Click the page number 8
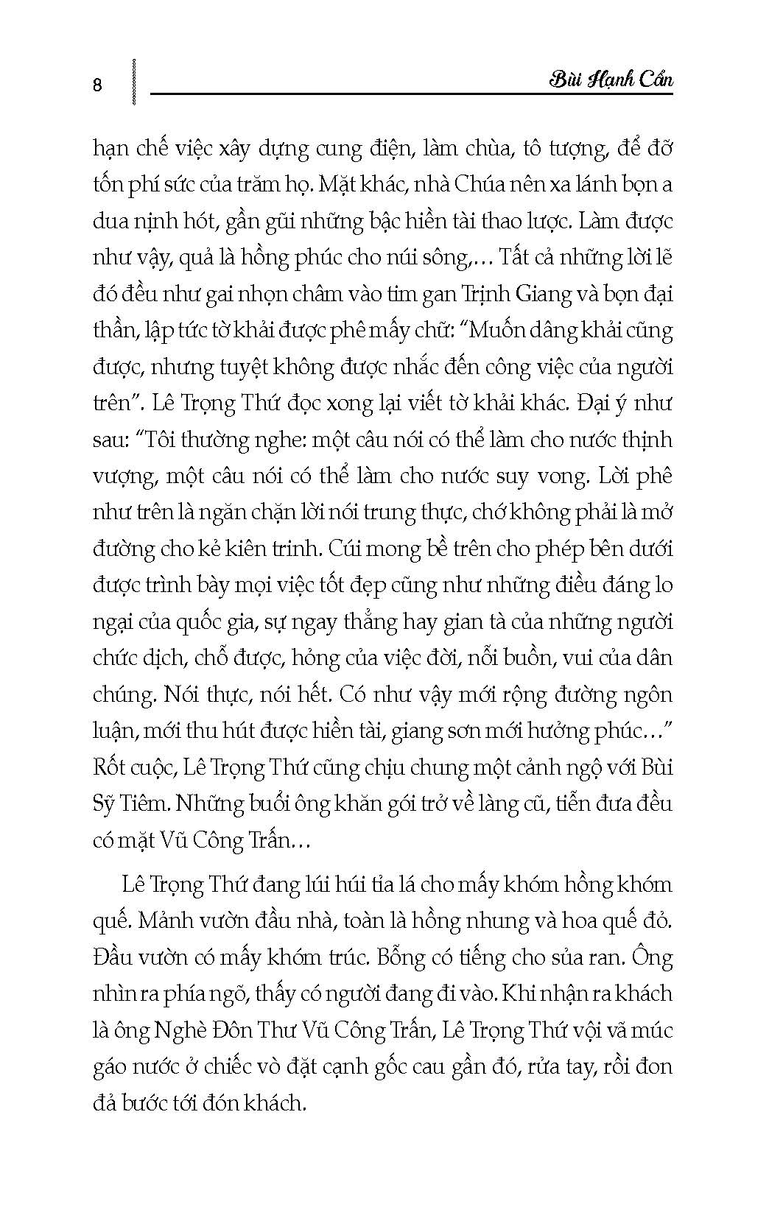tap(98, 85)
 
